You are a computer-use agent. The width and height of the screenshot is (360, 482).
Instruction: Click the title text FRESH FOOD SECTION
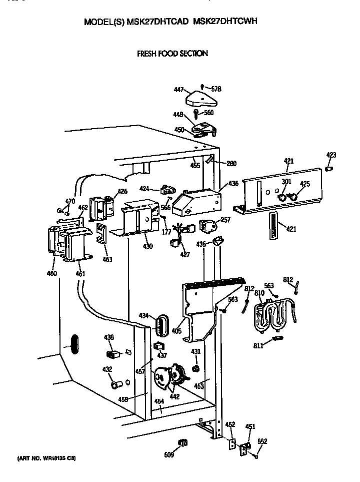[172, 53]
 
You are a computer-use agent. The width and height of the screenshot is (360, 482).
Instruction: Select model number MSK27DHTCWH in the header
[225, 22]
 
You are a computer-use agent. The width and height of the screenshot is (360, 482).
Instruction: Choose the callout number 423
[331, 155]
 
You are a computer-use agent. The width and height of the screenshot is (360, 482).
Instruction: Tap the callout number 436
[233, 184]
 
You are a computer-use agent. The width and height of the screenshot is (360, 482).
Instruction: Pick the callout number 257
[225, 220]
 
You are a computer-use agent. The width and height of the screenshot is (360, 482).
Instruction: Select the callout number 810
[259, 292]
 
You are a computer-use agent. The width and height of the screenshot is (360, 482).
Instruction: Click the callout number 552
[262, 441]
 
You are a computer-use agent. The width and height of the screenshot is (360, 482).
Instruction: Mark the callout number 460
[51, 273]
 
